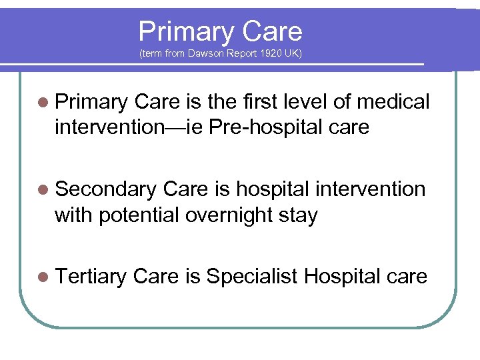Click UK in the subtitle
(x=293, y=53)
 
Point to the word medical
(x=393, y=102)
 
